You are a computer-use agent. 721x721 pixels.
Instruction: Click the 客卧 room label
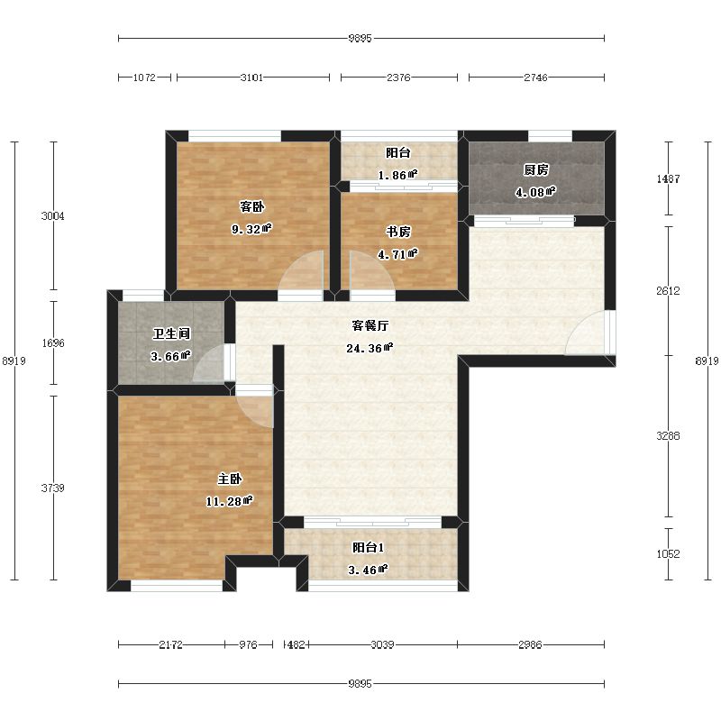coord(252,207)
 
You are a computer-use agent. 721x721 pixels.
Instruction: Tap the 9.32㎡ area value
coord(251,229)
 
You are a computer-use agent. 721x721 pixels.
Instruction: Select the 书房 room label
coord(398,232)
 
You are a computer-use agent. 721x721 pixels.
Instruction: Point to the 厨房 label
coord(536,169)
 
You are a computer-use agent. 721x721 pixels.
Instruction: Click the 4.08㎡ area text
coord(535,192)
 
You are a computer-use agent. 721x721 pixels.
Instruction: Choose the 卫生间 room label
coord(171,333)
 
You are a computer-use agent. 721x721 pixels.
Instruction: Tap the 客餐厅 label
coord(370,325)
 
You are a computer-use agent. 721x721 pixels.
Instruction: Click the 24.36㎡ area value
coord(370,348)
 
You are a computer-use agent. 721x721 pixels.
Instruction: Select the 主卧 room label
coord(230,479)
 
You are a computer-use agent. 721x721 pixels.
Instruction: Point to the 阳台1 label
coord(368,548)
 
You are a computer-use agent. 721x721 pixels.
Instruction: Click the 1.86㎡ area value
coord(397,175)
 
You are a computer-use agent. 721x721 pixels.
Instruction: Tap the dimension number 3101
coord(252,78)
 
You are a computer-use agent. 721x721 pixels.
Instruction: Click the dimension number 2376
coord(398,78)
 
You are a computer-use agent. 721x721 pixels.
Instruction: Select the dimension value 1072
coord(144,78)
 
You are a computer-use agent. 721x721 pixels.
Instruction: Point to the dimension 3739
coord(53,488)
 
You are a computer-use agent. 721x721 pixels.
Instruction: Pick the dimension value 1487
coord(668,178)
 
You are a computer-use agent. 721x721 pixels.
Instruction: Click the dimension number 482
coord(297,644)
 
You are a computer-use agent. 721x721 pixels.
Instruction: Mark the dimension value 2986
coord(530,644)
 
